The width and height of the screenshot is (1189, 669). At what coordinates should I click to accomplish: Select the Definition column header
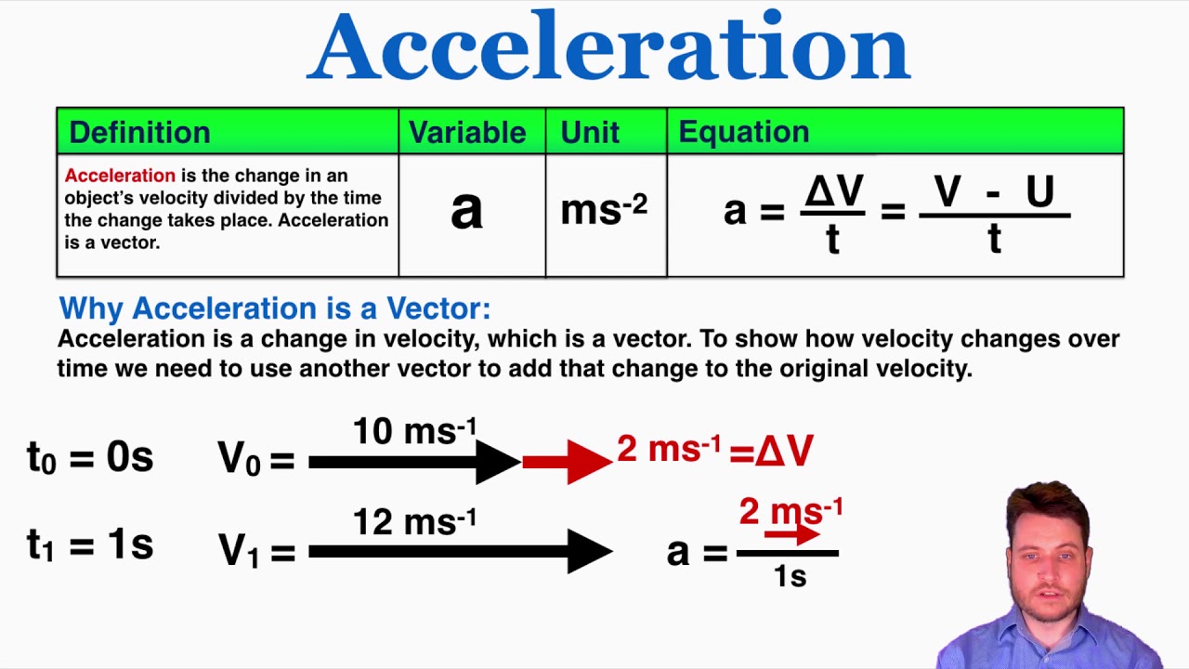139,132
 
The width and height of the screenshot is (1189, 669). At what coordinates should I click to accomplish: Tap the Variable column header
467,132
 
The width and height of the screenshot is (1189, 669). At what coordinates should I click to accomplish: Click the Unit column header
590,132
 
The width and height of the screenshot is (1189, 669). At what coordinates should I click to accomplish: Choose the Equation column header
743,132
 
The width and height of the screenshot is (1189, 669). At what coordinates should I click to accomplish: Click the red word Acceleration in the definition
120,176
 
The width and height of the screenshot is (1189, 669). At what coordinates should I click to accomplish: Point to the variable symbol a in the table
466,212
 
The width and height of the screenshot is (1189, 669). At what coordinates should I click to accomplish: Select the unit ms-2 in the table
603,210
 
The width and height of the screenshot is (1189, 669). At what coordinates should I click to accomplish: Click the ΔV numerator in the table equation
833,192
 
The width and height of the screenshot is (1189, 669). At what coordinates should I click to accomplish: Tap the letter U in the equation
1039,192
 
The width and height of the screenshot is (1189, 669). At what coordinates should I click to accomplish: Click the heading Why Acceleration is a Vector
274,308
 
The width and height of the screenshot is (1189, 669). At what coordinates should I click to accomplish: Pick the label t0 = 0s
90,458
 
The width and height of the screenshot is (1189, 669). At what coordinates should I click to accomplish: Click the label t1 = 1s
90,545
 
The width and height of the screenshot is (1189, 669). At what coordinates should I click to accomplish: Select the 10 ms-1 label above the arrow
414,431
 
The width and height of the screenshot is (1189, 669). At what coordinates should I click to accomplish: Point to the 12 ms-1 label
414,521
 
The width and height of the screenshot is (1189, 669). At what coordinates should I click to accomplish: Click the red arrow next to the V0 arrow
567,462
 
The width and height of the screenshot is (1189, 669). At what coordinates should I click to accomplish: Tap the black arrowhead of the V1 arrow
589,552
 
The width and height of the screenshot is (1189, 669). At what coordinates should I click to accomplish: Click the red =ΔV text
771,452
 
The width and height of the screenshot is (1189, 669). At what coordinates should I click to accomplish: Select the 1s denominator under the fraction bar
790,576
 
